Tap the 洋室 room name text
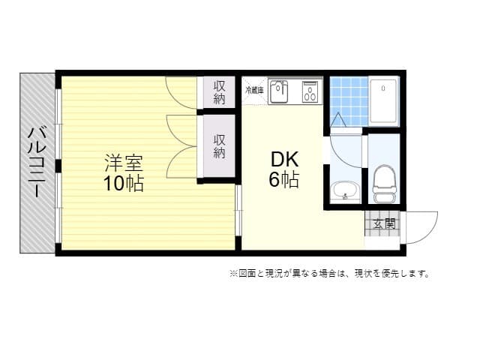pyautogui.click(x=124, y=163)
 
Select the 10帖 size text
pyautogui.click(x=124, y=182)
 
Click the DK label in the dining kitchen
pyautogui.click(x=285, y=160)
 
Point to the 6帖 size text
pyautogui.click(x=285, y=180)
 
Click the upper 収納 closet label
pyautogui.click(x=220, y=91)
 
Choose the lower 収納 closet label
pyautogui.click(x=220, y=145)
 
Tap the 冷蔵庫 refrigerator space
pyautogui.click(x=253, y=90)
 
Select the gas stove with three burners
pyautogui.click(x=310, y=91)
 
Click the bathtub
pyautogui.click(x=384, y=101)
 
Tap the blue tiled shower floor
pyautogui.click(x=348, y=101)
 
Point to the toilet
pyautogui.click(x=384, y=184)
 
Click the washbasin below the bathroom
pyautogui.click(x=345, y=191)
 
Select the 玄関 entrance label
pyautogui.click(x=383, y=223)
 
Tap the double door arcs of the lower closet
pyautogui.click(x=182, y=146)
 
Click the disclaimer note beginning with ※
pyautogui.click(x=329, y=274)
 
